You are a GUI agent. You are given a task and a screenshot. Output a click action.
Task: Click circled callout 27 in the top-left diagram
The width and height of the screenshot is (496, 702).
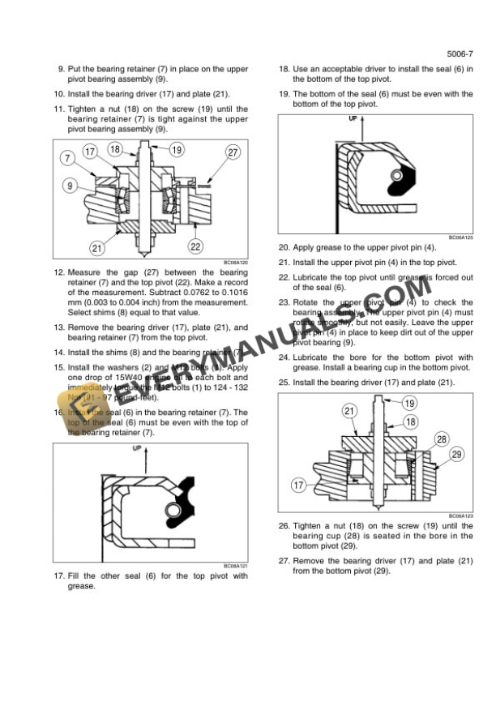[x=233, y=152]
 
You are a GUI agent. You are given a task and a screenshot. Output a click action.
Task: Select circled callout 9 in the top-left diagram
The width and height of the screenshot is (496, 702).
[x=72, y=186]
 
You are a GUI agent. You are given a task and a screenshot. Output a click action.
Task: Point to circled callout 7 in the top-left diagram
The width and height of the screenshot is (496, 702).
[x=65, y=158]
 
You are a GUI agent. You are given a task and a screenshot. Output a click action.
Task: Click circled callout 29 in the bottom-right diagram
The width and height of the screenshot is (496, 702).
[x=456, y=455]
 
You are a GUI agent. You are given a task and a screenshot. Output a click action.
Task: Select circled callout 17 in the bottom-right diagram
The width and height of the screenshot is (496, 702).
[x=299, y=486]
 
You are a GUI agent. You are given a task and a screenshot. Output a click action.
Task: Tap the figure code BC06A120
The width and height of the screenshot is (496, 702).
[x=235, y=263]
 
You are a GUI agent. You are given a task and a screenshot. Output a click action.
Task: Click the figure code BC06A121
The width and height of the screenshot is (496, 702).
[x=235, y=567]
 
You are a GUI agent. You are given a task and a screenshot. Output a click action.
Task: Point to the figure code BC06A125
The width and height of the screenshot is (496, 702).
[x=460, y=238]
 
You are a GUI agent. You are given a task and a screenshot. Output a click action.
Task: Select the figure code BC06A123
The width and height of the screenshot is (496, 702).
[x=460, y=516]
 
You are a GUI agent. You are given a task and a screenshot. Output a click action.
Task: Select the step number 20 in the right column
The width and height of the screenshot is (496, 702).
[x=284, y=247]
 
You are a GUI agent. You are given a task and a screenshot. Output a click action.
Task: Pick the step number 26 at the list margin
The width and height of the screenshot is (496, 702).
[x=284, y=526]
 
